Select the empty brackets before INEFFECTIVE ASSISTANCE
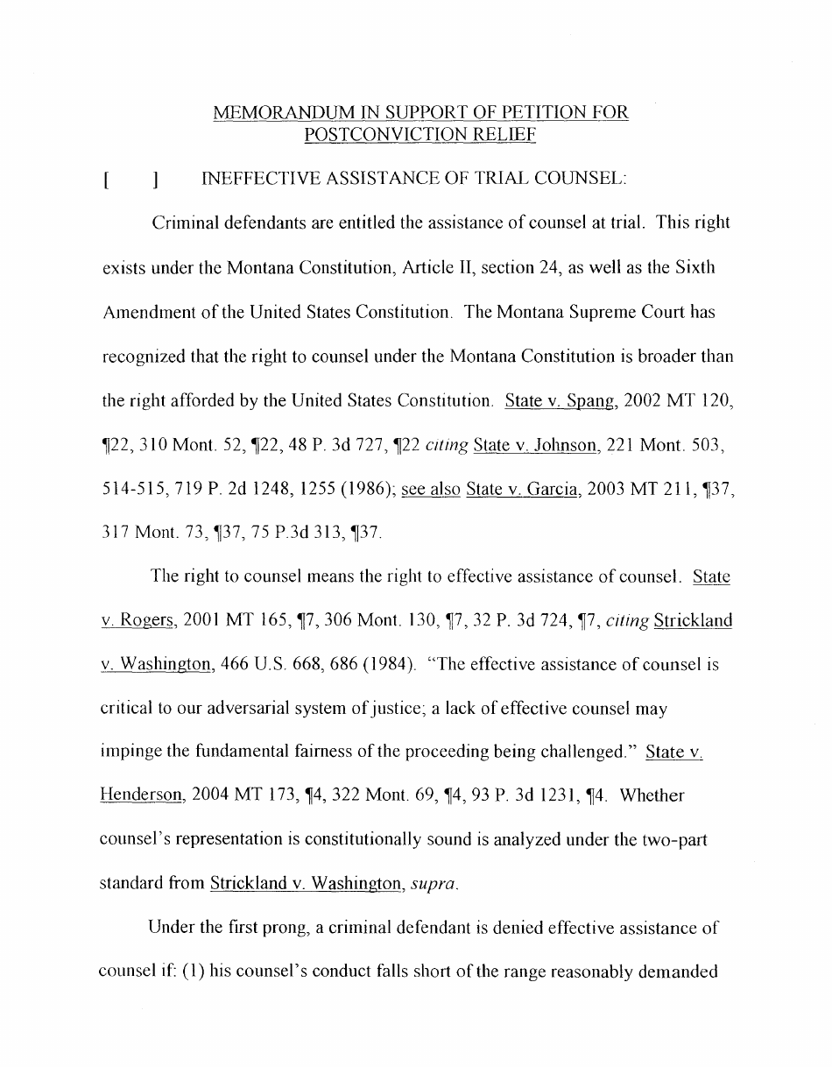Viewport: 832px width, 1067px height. click(x=130, y=180)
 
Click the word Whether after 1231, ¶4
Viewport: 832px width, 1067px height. click(x=652, y=795)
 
